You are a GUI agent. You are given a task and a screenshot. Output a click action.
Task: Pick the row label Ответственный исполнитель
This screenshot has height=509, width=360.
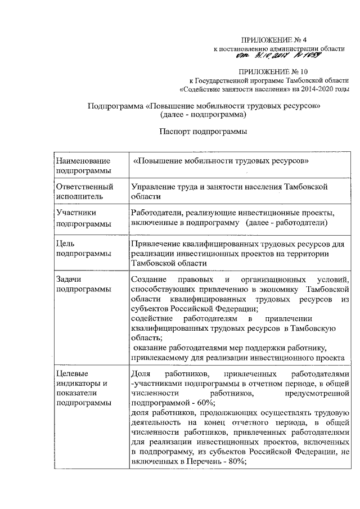(x=85, y=191)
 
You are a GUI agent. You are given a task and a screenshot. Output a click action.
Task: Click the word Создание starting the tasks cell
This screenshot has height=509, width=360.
(x=148, y=280)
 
